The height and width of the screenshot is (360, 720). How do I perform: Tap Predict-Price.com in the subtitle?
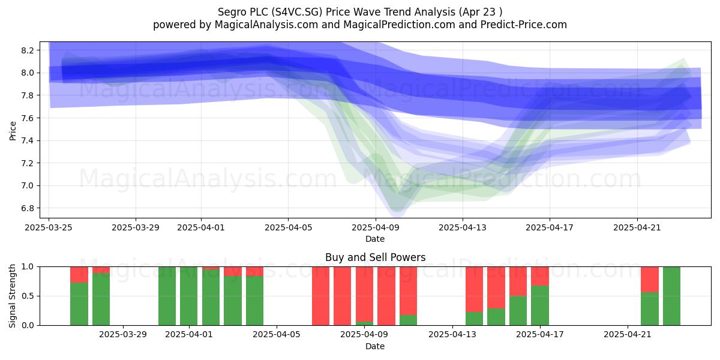tap(524, 25)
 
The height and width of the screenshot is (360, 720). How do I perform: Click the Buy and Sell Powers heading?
tap(375, 257)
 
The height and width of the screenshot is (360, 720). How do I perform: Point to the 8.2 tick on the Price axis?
tap(28, 50)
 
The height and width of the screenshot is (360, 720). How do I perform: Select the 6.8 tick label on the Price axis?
tap(28, 208)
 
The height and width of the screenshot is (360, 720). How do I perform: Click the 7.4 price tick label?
tap(28, 140)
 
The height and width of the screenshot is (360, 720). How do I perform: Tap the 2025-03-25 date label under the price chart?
tap(49, 227)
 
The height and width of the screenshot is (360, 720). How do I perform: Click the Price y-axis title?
tap(13, 131)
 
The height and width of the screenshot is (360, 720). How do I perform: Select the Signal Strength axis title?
tap(12, 296)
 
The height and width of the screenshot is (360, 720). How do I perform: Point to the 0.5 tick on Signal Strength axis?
tap(28, 296)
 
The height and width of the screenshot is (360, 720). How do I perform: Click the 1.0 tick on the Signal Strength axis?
tap(28, 267)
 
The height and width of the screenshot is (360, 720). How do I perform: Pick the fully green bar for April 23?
tap(671, 296)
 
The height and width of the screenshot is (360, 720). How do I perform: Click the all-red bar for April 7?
tap(320, 296)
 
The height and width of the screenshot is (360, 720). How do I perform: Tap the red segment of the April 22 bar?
tap(650, 280)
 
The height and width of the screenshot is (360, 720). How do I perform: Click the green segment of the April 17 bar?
tap(540, 305)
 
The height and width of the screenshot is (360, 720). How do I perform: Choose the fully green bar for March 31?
tap(167, 296)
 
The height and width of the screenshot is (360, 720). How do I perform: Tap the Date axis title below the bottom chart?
tap(375, 346)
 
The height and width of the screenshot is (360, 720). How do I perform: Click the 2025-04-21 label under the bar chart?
tap(628, 335)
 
